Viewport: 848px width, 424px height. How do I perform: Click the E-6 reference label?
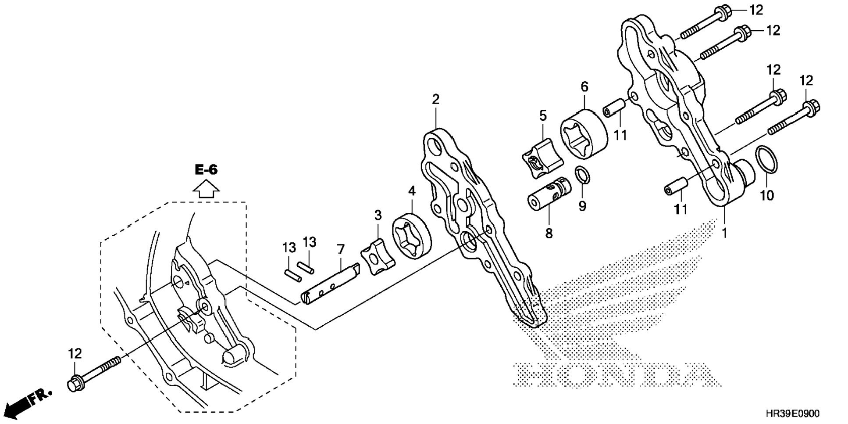[206, 170]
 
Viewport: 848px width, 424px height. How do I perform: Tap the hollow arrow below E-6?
[206, 190]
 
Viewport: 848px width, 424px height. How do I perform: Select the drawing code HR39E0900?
[792, 414]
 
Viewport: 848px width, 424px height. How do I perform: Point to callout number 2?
[435, 99]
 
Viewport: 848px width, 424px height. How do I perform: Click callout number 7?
[341, 250]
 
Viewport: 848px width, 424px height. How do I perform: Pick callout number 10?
[767, 195]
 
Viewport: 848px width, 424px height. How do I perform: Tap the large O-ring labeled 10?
[767, 160]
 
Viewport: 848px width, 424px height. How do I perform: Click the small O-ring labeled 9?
[582, 176]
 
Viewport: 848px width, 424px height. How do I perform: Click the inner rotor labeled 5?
[537, 158]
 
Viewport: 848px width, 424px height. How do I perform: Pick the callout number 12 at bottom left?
[75, 353]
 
